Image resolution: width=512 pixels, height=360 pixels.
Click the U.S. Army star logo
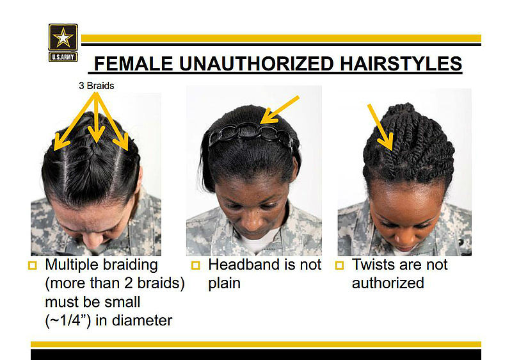tap(63, 42)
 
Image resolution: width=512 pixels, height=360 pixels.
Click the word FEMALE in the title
tap(133, 63)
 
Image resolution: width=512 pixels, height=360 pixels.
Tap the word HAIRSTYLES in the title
tap(401, 63)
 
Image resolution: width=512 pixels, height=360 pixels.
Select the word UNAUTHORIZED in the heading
tap(257, 63)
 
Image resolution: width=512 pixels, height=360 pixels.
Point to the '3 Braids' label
tap(97, 86)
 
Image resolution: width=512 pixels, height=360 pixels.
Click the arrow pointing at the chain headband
tap(280, 110)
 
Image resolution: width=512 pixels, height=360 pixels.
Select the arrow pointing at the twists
tap(380, 127)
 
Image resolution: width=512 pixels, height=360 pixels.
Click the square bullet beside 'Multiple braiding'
tap(33, 265)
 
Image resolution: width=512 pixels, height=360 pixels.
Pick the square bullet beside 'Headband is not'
tap(195, 265)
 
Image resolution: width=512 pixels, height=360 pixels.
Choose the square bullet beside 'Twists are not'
tap(340, 265)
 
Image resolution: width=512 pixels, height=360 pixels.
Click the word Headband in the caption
tap(244, 265)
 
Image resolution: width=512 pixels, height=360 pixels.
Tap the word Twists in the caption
tap(372, 265)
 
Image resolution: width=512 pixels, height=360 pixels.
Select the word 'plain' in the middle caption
tap(225, 284)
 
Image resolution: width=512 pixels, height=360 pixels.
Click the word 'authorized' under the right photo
tap(388, 283)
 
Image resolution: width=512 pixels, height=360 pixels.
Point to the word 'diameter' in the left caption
tap(142, 320)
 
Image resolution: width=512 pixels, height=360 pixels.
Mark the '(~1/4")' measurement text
tap(68, 321)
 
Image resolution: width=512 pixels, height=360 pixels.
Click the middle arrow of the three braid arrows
tap(96, 117)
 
